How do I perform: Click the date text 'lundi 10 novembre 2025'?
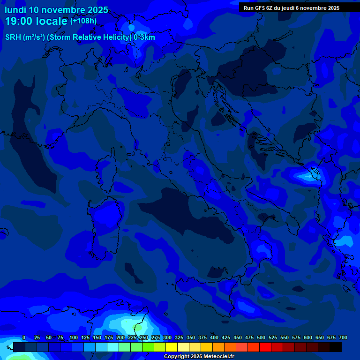[56, 9]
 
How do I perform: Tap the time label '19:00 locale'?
[36, 21]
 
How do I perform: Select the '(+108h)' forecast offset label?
[83, 21]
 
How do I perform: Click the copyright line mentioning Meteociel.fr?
[199, 357]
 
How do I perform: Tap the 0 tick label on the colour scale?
[24, 337]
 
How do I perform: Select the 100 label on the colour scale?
[74, 337]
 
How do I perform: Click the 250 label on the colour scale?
[144, 337]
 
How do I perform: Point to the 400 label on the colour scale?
[214, 337]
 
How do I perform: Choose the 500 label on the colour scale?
[261, 337]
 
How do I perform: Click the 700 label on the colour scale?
[343, 337]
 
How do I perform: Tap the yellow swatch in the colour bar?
[172, 347]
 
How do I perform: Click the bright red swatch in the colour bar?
[265, 347]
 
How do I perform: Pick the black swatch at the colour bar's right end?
[336, 347]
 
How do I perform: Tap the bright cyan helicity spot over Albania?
[310, 176]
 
